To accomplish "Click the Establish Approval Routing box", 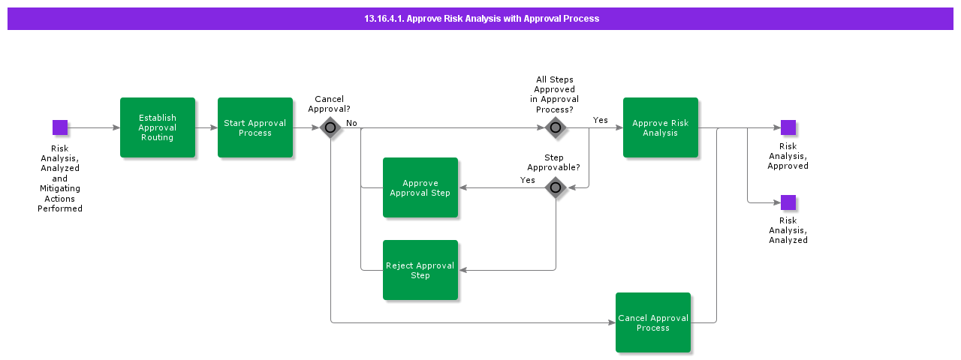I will (x=158, y=127).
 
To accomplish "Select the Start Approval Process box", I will (x=255, y=127).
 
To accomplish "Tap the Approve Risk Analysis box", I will (x=661, y=127).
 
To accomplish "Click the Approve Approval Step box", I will (x=420, y=187).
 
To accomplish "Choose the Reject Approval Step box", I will (x=420, y=270).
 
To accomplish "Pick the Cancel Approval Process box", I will (x=653, y=322).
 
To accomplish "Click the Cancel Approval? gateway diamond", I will (x=330, y=127).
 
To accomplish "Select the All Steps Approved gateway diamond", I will (x=556, y=127).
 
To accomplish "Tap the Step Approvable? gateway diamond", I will (x=556, y=187).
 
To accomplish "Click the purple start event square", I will (x=60, y=127).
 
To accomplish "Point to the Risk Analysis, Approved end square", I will (x=788, y=127).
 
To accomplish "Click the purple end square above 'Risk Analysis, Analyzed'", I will (x=788, y=202).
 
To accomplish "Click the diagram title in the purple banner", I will (x=481, y=19).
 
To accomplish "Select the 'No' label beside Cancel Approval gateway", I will (x=351, y=122).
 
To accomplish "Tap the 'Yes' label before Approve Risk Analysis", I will (x=601, y=120).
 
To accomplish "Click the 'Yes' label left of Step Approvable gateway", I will (x=528, y=180).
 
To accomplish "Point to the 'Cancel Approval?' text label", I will (x=329, y=103).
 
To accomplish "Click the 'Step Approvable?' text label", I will (x=554, y=163).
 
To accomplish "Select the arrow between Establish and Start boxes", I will (x=206, y=127).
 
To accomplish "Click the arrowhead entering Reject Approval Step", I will (x=462, y=270).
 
